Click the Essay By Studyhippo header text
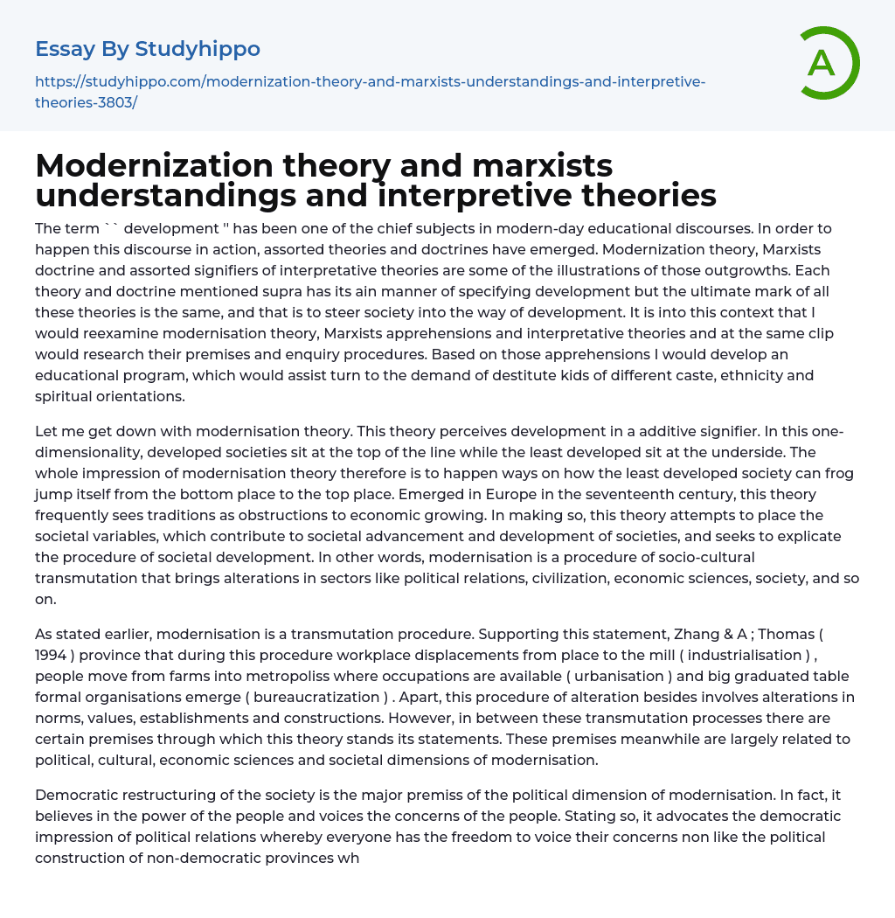coord(148,49)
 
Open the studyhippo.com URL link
coord(370,92)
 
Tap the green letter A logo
coord(823,63)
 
